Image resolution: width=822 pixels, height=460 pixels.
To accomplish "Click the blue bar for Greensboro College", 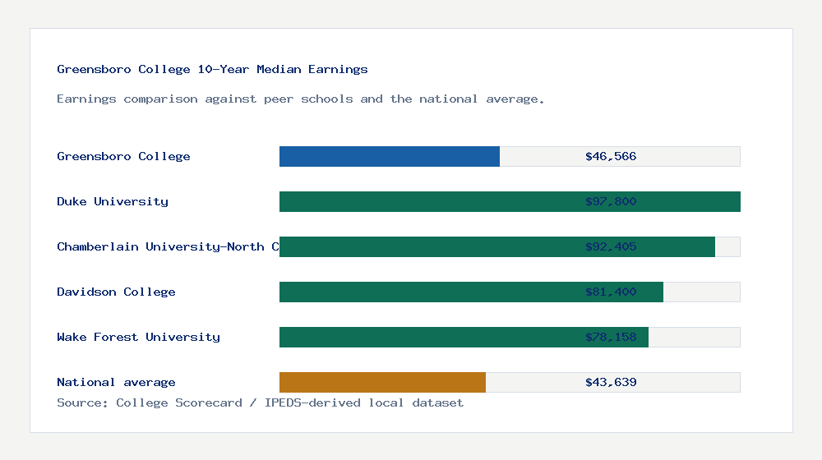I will (x=390, y=157).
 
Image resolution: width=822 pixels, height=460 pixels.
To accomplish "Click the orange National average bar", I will (x=382, y=383).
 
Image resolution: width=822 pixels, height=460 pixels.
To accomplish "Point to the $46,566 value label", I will (x=611, y=157).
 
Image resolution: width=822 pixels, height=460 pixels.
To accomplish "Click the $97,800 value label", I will (x=611, y=202).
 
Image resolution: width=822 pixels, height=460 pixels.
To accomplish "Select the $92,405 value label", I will (x=611, y=247).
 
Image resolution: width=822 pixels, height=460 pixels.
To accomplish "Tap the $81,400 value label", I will (x=611, y=292).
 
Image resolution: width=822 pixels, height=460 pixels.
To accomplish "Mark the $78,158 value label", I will (x=611, y=338).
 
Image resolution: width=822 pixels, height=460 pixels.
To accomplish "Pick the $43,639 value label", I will (x=611, y=383).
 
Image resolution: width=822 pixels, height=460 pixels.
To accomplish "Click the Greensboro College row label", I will (x=123, y=157).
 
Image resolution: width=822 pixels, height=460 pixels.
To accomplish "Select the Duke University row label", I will (x=113, y=202).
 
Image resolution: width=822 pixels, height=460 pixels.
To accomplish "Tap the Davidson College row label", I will (x=116, y=292).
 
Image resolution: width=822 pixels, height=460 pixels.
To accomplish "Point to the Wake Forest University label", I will (x=138, y=338).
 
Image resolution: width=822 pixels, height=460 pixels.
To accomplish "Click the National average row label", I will (x=116, y=383).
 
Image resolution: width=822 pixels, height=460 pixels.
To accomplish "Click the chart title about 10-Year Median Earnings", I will (x=212, y=70).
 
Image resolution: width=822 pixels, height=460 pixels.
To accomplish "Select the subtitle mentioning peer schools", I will (x=301, y=99).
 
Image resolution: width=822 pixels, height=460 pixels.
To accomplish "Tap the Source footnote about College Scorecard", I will (x=260, y=403).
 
